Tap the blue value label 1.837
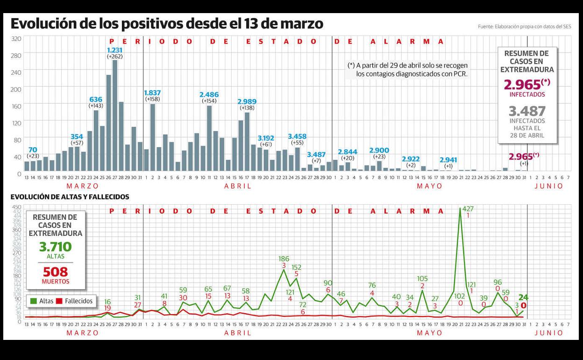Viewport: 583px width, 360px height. coord(153,93)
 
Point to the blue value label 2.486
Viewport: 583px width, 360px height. coord(209,94)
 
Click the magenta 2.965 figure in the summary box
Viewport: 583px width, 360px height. coord(522,85)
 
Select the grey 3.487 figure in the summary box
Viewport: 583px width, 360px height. coord(527,111)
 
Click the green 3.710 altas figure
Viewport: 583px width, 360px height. coord(55,246)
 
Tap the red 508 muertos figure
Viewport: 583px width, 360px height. coord(55,272)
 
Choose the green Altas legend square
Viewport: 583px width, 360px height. coord(33,301)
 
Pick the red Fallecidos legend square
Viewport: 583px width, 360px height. coord(59,301)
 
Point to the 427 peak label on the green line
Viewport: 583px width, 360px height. coord(468,209)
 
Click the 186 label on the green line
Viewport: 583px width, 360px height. coord(284,259)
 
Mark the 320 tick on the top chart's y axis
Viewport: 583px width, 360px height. coord(16,38)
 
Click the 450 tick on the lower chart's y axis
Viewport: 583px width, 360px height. coord(16,208)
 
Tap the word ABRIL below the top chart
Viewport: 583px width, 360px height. coord(237,186)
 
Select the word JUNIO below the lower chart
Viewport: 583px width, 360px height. coord(549,333)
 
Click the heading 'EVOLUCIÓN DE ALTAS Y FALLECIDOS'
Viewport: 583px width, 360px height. coord(70,197)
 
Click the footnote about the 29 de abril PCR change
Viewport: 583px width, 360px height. coord(407,70)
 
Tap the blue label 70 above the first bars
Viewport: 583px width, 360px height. coord(33,150)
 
